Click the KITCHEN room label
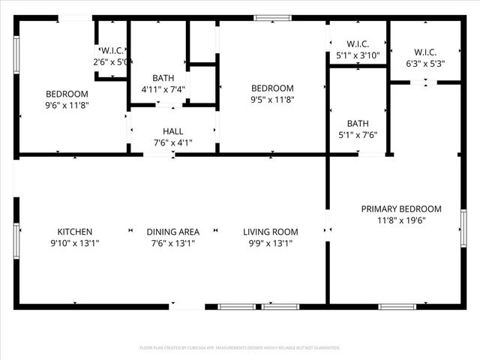pyautogui.click(x=74, y=232)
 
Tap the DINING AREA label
pyautogui.click(x=172, y=232)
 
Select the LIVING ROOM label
pyautogui.click(x=271, y=232)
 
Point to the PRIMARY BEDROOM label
pyautogui.click(x=401, y=209)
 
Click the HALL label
pyautogui.click(x=172, y=131)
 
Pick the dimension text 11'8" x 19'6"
pyautogui.click(x=401, y=220)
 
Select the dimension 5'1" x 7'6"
pyautogui.click(x=357, y=135)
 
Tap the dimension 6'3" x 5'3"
pyautogui.click(x=424, y=63)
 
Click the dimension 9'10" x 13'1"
pyautogui.click(x=74, y=243)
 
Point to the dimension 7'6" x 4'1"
pyautogui.click(x=172, y=142)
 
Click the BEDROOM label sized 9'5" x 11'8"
pyautogui.click(x=271, y=88)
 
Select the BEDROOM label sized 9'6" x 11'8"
pyautogui.click(x=67, y=94)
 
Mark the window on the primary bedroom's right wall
pyautogui.click(x=463, y=227)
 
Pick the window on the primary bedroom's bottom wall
pyautogui.click(x=397, y=306)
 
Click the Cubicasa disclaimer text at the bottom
pyautogui.click(x=240, y=348)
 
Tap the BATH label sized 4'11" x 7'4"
pyautogui.click(x=163, y=78)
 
